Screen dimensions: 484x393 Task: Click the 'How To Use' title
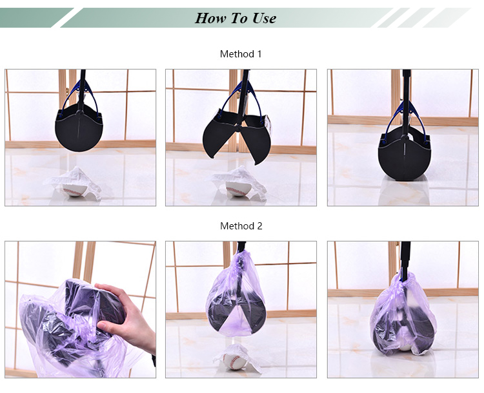click(236, 18)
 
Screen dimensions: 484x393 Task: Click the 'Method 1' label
click(241, 54)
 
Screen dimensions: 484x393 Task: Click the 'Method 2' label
click(241, 226)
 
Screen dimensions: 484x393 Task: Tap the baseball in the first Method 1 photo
click(74, 190)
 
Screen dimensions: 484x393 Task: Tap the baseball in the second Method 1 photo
click(237, 189)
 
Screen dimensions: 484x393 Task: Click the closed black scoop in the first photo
click(79, 128)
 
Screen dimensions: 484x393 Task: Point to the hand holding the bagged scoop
click(126, 314)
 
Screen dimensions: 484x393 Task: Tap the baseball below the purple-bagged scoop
click(235, 361)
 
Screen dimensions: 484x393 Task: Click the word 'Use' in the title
click(264, 18)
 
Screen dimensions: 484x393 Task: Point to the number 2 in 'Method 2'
click(259, 226)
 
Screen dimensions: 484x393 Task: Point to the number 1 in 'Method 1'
click(259, 54)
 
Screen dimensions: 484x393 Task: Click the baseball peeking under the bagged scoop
click(405, 347)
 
